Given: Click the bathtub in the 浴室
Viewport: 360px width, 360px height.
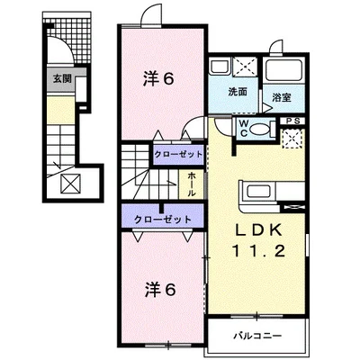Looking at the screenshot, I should click(285, 72).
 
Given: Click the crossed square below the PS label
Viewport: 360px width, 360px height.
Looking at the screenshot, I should click(293, 139).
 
